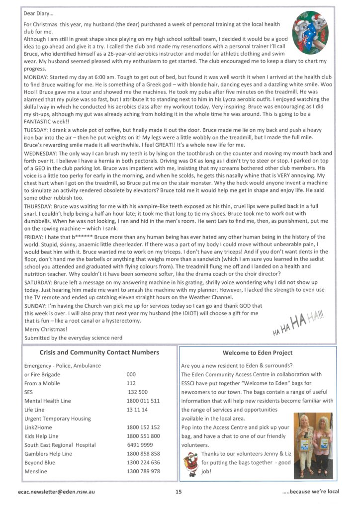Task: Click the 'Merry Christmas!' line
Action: [46, 329]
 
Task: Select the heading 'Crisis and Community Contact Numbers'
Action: [99, 352]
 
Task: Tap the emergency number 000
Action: [131, 374]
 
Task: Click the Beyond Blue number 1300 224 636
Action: [143, 462]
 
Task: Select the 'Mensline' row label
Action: [36, 471]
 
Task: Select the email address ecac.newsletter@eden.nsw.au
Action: [56, 492]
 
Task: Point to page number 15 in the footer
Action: [179, 492]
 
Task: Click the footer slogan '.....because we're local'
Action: [311, 492]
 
